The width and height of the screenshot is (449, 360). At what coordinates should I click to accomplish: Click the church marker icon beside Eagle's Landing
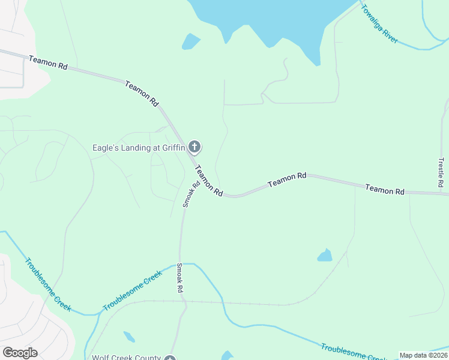[194, 146]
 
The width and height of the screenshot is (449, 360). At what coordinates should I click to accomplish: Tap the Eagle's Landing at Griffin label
[139, 147]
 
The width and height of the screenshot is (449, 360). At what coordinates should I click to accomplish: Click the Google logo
[20, 352]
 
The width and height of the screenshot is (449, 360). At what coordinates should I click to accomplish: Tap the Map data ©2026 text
[423, 355]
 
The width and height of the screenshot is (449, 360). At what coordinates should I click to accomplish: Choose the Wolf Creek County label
[126, 358]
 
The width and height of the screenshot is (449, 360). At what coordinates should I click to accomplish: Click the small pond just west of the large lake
[190, 41]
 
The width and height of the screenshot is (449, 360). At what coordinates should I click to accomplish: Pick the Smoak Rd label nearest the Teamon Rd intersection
[191, 194]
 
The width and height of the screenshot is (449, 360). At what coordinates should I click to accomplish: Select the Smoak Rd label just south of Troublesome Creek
[179, 279]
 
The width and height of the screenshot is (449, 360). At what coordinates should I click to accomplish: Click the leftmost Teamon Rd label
[48, 63]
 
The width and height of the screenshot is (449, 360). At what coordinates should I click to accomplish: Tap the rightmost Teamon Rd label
[385, 190]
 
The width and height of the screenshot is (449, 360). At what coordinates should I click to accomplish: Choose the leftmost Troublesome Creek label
[48, 284]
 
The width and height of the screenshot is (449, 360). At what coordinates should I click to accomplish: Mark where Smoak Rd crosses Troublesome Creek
[179, 263]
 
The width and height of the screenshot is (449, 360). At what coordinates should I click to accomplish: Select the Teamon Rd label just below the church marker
[209, 182]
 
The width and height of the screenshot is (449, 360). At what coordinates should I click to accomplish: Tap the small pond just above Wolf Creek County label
[129, 337]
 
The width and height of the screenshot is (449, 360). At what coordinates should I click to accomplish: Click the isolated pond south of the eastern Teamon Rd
[325, 256]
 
